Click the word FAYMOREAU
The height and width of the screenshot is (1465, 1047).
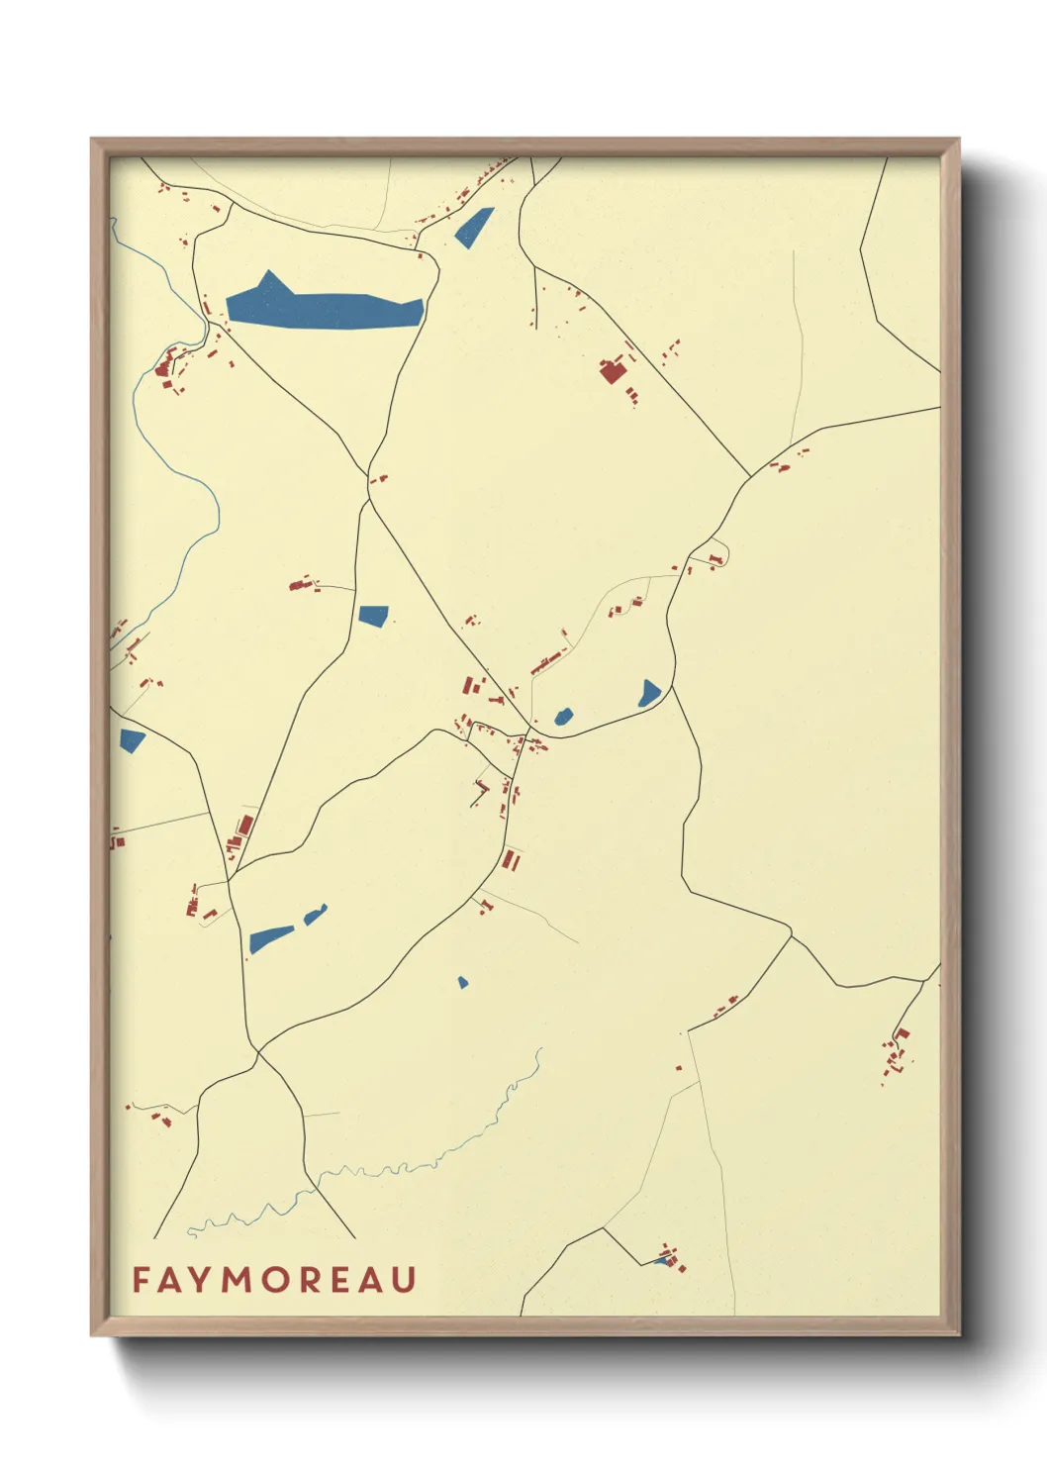pyautogui.click(x=274, y=1279)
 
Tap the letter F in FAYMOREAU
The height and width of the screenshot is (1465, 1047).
pyautogui.click(x=140, y=1279)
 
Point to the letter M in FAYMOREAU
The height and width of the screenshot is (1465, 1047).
pyautogui.click(x=238, y=1279)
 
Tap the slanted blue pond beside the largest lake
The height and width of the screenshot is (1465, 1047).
pyautogui.click(x=473, y=228)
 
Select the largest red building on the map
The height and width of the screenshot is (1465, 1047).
pyautogui.click(x=612, y=372)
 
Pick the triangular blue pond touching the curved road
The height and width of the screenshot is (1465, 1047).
pyautogui.click(x=649, y=693)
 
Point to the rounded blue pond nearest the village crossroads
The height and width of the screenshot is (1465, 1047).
pyautogui.click(x=563, y=715)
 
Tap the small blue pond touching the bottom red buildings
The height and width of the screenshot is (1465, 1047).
pyautogui.click(x=661, y=1260)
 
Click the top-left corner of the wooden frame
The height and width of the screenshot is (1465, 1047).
pyautogui.click(x=93, y=141)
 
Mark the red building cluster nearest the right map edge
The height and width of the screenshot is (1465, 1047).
pyautogui.click(x=897, y=1053)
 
